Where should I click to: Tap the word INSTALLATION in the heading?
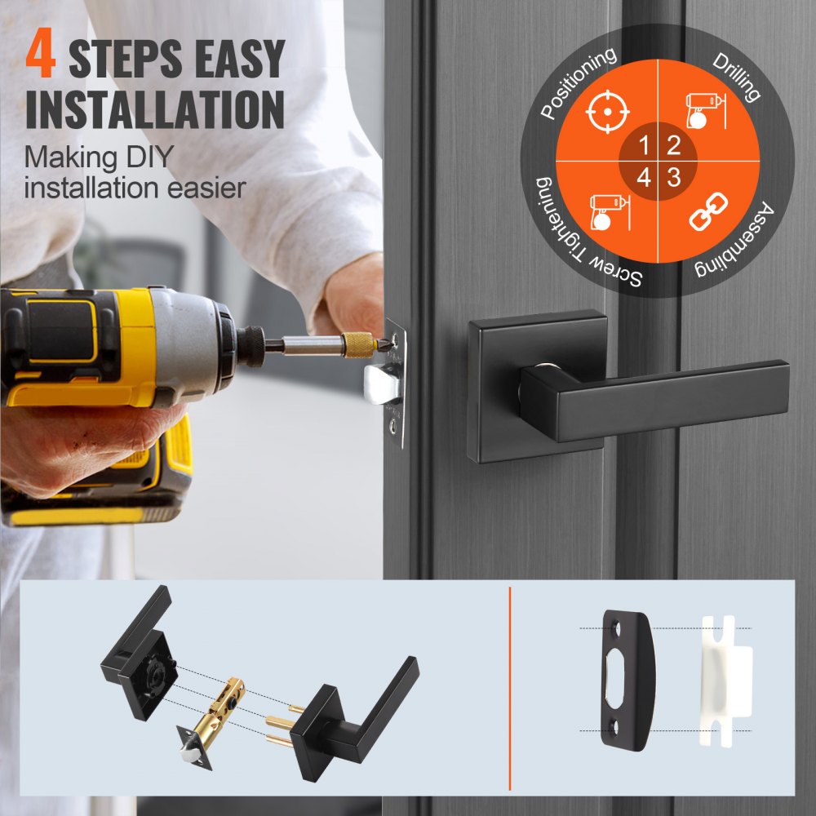[x=155, y=109]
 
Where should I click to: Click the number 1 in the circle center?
[x=644, y=147]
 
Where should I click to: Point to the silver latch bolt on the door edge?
[x=382, y=384]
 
